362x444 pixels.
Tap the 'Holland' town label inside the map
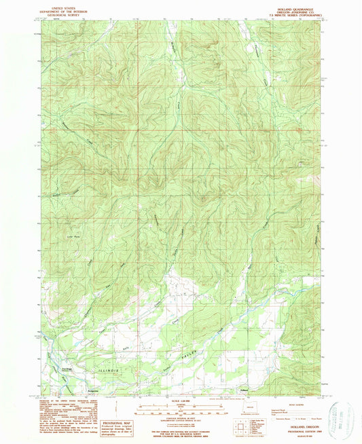click(x=243, y=389)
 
